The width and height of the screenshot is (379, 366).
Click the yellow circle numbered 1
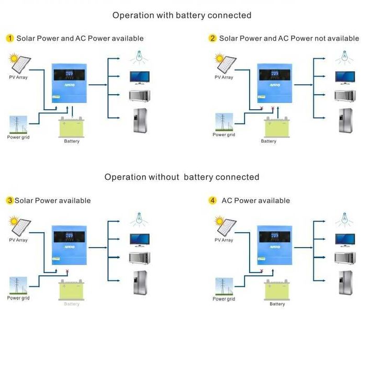click(10, 38)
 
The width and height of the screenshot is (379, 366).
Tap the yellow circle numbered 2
click(213, 38)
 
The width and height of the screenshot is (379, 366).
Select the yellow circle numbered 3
click(10, 201)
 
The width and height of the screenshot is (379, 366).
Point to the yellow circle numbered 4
click(213, 201)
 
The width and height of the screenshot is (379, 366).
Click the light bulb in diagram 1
click(140, 56)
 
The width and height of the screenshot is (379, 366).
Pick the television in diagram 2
click(345, 77)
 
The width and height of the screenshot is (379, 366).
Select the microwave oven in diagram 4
click(345, 258)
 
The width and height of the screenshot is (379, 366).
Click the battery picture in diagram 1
click(71, 127)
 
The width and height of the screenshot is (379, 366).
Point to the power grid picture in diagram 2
click(224, 122)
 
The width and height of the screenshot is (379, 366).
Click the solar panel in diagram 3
click(20, 225)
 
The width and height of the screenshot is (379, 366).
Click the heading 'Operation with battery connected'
click(182, 15)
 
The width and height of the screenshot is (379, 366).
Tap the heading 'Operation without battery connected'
click(182, 177)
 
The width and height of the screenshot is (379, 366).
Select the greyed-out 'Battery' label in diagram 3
click(72, 304)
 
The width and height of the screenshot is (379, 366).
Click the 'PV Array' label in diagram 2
click(224, 77)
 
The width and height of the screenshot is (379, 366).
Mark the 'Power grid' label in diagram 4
click(224, 299)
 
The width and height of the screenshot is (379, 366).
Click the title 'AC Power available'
click(255, 201)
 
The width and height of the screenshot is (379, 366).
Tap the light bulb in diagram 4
click(344, 219)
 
